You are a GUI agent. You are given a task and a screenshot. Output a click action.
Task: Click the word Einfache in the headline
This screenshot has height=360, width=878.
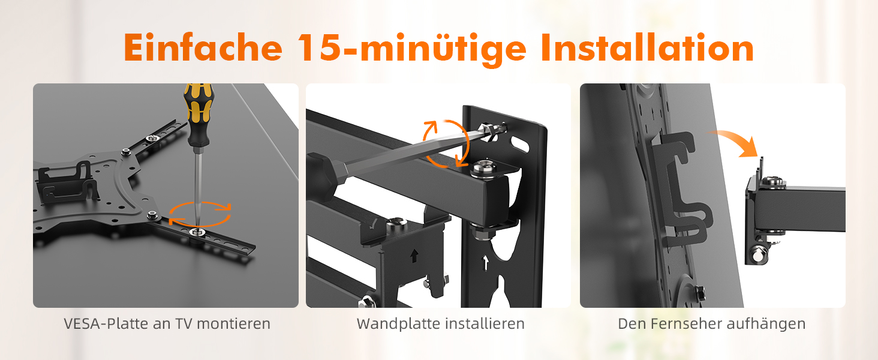click(x=203, y=47)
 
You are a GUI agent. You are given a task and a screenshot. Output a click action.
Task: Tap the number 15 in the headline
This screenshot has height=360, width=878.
click(x=318, y=47)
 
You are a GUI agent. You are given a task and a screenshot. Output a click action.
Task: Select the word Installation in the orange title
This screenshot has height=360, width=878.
click(x=647, y=47)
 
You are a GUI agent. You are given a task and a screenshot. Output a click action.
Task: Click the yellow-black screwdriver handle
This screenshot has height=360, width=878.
click(x=199, y=114)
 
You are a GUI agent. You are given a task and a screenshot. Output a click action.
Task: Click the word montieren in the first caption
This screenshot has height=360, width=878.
click(x=234, y=324)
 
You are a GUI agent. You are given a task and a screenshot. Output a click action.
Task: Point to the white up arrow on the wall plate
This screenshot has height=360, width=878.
click(x=485, y=263)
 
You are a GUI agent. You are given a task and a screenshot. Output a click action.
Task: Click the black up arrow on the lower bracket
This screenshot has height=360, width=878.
click(x=414, y=256)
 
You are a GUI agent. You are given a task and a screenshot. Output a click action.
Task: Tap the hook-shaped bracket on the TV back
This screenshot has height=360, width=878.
click(x=681, y=188)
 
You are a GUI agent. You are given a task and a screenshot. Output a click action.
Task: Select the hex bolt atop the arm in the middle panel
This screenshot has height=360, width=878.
click(x=485, y=168)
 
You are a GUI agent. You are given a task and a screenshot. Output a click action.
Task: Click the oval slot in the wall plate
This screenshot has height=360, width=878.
click(x=520, y=144)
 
